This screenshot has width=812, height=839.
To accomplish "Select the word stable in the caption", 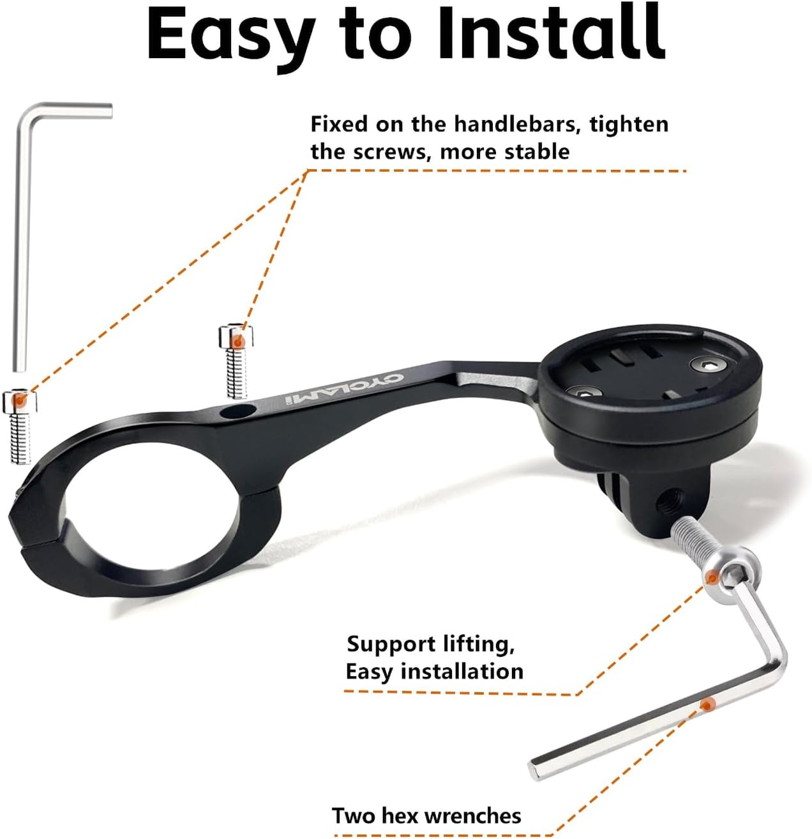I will tap(538, 152).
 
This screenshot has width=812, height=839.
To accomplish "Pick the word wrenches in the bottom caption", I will tap(472, 816).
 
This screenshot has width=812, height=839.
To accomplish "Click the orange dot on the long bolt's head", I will tap(710, 577).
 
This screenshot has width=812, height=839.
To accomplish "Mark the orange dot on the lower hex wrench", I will tap(706, 704).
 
